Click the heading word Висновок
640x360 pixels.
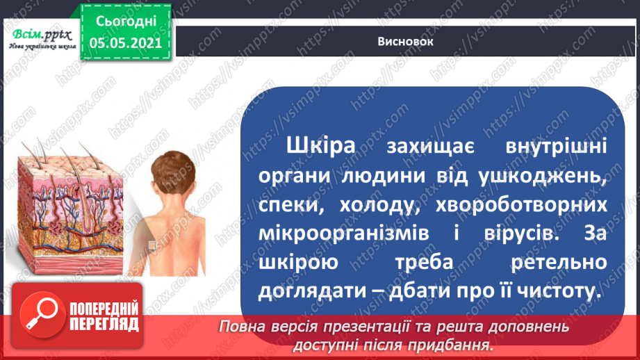coord(406,42)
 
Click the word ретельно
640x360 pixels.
coord(555,263)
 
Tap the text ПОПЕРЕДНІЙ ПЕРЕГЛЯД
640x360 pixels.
coord(104,317)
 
